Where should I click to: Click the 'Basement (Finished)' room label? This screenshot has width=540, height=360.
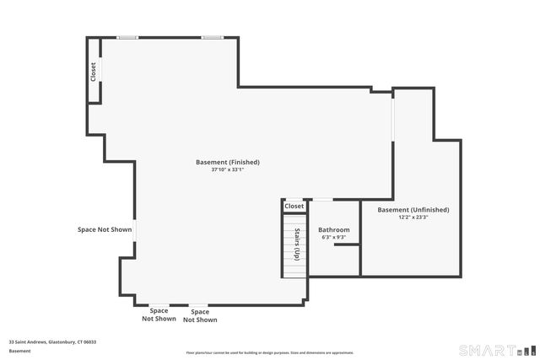click(x=227, y=162)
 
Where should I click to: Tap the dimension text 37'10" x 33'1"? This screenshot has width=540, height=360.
click(x=227, y=169)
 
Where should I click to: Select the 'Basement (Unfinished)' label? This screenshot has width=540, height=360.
click(x=413, y=210)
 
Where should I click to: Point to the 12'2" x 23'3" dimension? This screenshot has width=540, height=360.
click(x=413, y=218)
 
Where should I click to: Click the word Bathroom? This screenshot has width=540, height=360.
click(x=333, y=230)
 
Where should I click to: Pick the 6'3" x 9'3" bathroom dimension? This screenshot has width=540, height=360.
click(x=333, y=238)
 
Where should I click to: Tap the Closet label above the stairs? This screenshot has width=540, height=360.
click(x=294, y=206)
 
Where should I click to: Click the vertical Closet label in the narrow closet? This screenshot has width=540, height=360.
click(x=94, y=72)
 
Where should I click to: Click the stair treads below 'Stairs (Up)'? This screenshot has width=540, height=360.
click(x=293, y=269)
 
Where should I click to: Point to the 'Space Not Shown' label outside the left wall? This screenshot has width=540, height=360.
click(x=105, y=229)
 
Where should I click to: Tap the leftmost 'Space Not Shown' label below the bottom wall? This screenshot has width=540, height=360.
click(x=159, y=315)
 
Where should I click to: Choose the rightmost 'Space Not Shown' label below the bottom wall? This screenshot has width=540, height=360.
click(x=200, y=316)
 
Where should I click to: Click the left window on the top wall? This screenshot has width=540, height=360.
click(x=127, y=37)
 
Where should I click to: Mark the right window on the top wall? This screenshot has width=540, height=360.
click(x=212, y=37)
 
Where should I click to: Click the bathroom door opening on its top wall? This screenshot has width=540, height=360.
click(x=322, y=200)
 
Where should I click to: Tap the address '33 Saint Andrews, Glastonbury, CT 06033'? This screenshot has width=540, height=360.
click(x=52, y=342)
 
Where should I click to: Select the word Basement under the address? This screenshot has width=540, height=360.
click(x=19, y=351)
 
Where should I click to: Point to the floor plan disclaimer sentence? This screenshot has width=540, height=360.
click(x=269, y=352)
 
